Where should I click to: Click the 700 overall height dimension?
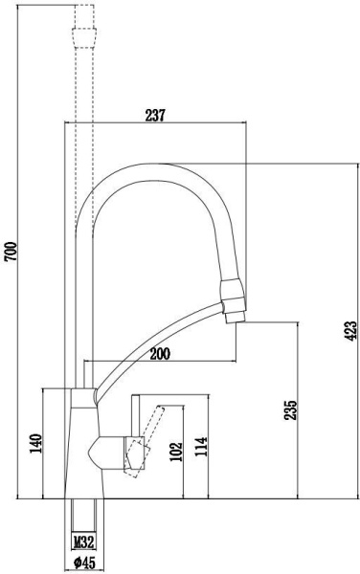(x=11, y=252)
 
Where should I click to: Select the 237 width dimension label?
(x=155, y=116)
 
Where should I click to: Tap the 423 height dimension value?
(x=350, y=331)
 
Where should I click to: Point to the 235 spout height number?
(x=290, y=410)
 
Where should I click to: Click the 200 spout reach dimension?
(x=160, y=354)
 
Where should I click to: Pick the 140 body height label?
(x=35, y=443)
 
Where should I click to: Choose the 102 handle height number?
(x=176, y=452)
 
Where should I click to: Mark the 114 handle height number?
(x=201, y=446)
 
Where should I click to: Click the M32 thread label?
(x=84, y=541)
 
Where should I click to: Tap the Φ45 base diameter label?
(x=84, y=563)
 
